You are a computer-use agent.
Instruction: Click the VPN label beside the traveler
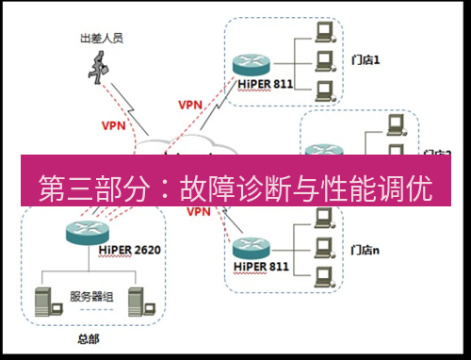113,123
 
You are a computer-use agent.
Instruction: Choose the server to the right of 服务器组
138,299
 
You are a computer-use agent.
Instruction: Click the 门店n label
365,250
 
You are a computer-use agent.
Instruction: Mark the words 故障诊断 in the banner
233,188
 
